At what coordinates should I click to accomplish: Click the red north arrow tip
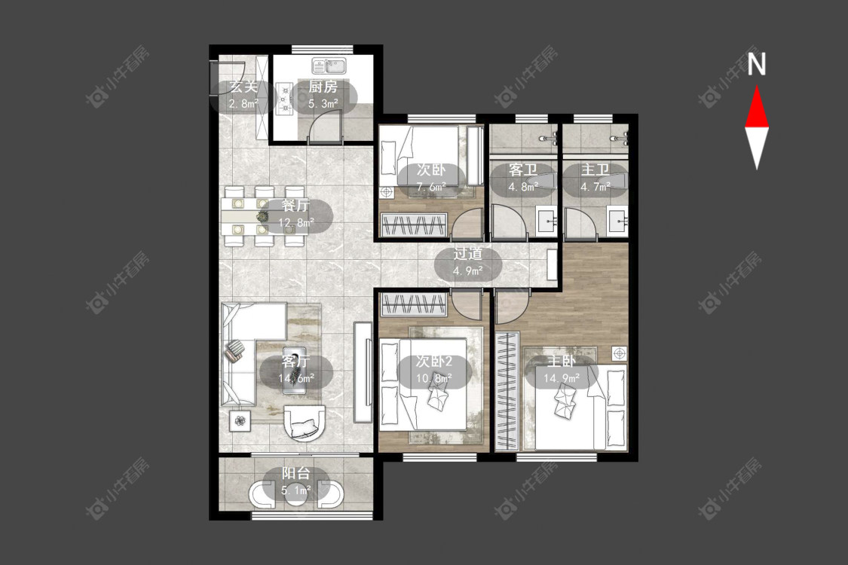click(x=757, y=87)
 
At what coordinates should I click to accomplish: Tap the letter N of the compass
click(x=757, y=64)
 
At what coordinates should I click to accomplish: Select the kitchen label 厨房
click(x=323, y=87)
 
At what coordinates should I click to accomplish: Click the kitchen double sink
click(x=329, y=66)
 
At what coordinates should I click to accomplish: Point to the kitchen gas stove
click(x=283, y=98)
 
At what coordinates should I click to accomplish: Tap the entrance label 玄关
click(x=243, y=87)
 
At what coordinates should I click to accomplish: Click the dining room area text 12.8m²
click(x=296, y=222)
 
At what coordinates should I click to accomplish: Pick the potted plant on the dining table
click(x=262, y=216)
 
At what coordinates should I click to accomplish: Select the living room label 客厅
click(x=295, y=361)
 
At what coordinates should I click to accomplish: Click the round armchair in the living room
click(x=305, y=422)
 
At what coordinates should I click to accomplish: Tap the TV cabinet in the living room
click(x=363, y=372)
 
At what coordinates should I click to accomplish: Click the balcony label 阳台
click(x=295, y=474)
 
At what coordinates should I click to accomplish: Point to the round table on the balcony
click(x=295, y=495)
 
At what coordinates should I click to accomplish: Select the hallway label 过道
click(x=468, y=254)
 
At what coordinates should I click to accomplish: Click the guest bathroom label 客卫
click(x=523, y=169)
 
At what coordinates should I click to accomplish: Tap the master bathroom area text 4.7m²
click(x=595, y=187)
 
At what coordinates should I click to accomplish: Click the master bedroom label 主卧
click(x=562, y=361)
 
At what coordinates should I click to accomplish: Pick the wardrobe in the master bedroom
click(x=507, y=392)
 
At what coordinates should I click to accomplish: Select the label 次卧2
click(x=433, y=361)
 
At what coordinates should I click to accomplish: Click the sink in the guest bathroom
click(x=546, y=220)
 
